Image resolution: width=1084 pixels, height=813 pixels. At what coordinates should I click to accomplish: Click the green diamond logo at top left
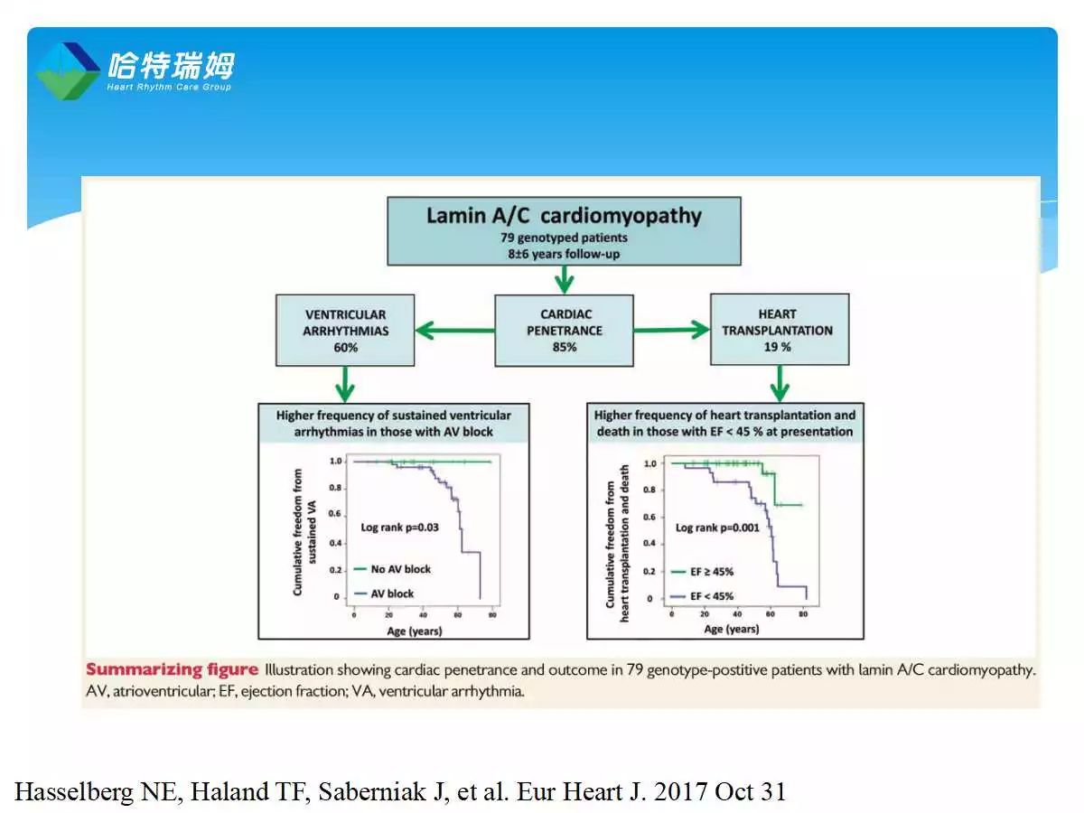pyautogui.click(x=68, y=70)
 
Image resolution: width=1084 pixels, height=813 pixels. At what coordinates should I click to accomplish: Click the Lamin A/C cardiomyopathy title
pyautogui.click(x=564, y=216)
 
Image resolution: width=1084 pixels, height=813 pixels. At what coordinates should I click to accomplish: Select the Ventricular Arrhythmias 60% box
pyautogui.click(x=345, y=330)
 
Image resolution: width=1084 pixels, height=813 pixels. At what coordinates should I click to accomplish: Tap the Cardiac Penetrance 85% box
pyautogui.click(x=564, y=330)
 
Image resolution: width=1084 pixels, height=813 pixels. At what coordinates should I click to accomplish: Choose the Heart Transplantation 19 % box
pyautogui.click(x=779, y=329)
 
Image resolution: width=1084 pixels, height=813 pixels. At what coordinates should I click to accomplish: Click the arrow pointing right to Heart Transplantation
pyautogui.click(x=672, y=331)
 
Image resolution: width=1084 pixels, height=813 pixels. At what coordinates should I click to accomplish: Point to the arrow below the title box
pyautogui.click(x=565, y=279)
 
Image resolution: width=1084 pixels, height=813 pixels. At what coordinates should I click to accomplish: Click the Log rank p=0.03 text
pyautogui.click(x=399, y=527)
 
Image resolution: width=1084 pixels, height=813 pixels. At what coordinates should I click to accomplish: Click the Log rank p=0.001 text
pyautogui.click(x=718, y=528)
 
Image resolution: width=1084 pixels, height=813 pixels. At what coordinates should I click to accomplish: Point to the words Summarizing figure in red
pyautogui.click(x=172, y=670)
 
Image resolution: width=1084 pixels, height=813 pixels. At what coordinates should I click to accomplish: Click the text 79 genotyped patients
pyautogui.click(x=564, y=238)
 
